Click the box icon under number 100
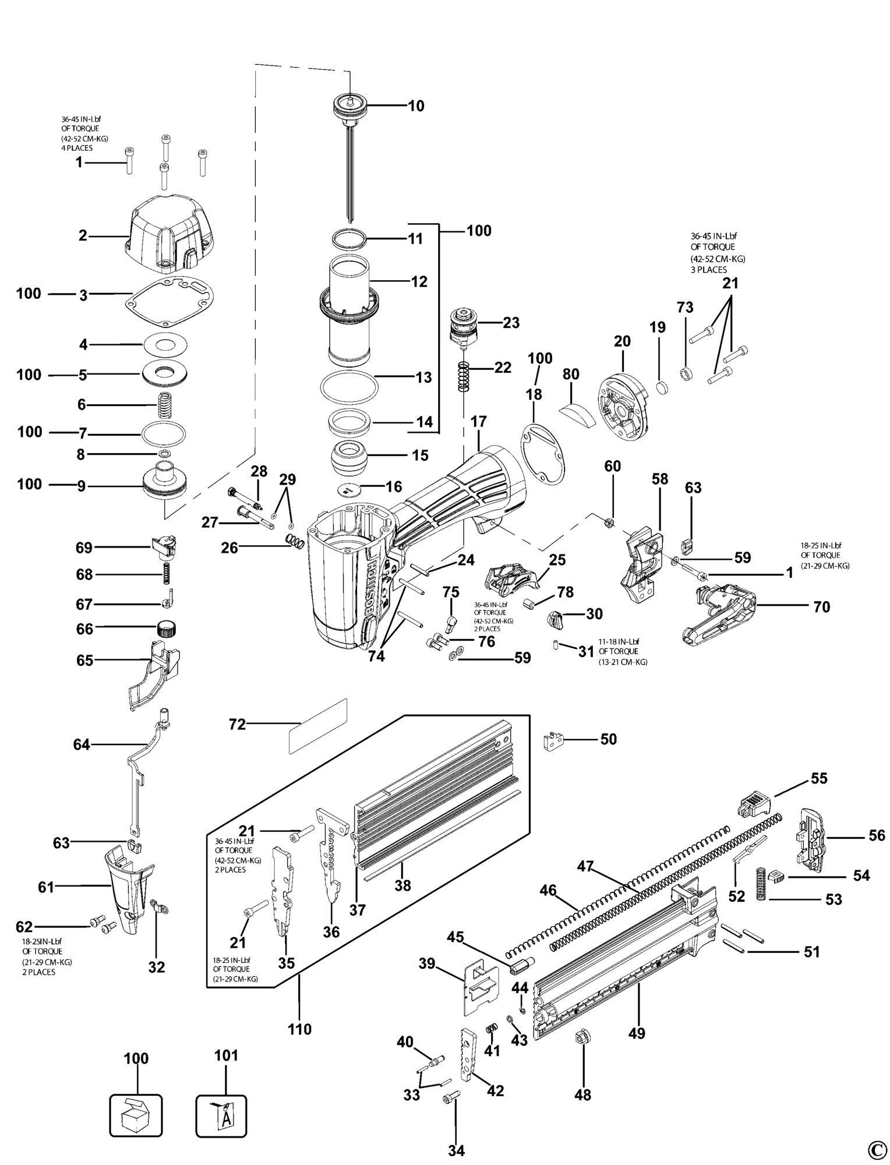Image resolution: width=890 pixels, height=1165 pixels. click(x=137, y=1114)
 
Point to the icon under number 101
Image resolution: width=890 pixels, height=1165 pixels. click(x=221, y=1114)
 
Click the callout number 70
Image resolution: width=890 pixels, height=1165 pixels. click(x=821, y=607)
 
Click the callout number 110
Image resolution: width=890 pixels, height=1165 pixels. click(x=299, y=1029)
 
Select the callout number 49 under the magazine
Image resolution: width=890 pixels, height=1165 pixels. click(x=637, y=1033)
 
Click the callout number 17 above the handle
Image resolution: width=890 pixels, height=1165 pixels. click(x=479, y=421)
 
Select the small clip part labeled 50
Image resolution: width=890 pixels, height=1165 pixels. click(x=555, y=741)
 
